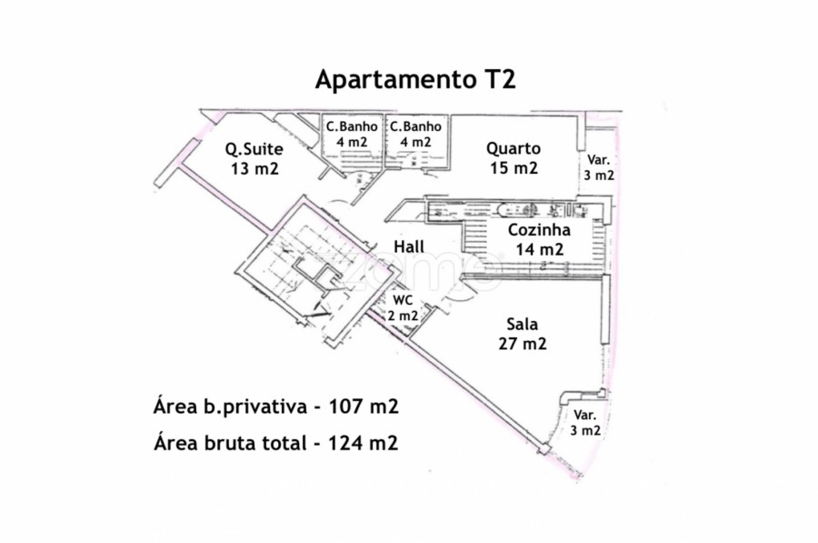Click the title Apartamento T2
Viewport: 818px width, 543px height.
415,79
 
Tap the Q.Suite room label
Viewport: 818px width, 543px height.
254,149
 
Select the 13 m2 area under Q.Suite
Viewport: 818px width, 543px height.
254,168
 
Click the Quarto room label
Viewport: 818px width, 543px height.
514,149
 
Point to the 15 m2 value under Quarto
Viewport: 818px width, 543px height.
514,167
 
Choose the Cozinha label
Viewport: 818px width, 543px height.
539,230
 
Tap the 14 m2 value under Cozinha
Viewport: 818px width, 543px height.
540,249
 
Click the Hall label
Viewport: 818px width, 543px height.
409,246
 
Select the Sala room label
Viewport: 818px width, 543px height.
523,324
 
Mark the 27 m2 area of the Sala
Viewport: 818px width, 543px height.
523,344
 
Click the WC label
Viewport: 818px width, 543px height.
403,300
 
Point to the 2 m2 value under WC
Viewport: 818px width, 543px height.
403,316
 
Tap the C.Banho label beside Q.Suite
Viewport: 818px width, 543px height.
352,126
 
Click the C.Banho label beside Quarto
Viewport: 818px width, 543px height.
415,126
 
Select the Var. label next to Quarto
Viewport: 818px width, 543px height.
598,160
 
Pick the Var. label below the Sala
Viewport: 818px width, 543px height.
584,416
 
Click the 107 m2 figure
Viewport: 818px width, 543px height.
364,406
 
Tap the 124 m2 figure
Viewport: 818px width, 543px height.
363,443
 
